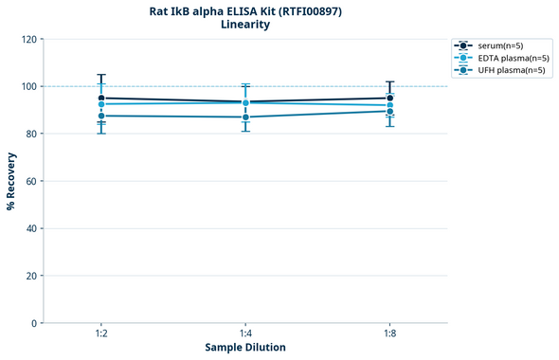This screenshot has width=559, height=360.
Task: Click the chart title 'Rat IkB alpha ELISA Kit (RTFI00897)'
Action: (245, 11)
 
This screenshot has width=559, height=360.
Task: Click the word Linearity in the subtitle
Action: (245, 26)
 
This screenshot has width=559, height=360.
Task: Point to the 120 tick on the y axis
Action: (28, 40)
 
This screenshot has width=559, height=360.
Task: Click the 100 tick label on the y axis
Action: (28, 87)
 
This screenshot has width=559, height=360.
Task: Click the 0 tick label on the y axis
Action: (34, 324)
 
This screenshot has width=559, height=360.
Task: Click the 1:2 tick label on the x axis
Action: (101, 334)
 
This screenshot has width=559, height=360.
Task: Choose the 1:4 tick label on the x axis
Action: (245, 334)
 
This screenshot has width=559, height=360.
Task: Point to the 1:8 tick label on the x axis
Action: (389, 334)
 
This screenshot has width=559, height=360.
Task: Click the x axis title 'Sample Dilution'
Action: (245, 348)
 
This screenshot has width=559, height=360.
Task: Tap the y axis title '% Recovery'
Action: (11, 181)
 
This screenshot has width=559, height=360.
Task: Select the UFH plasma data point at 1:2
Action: (101, 116)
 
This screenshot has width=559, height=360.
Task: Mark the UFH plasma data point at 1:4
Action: (245, 117)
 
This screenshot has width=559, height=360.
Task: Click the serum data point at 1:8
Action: (389, 98)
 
